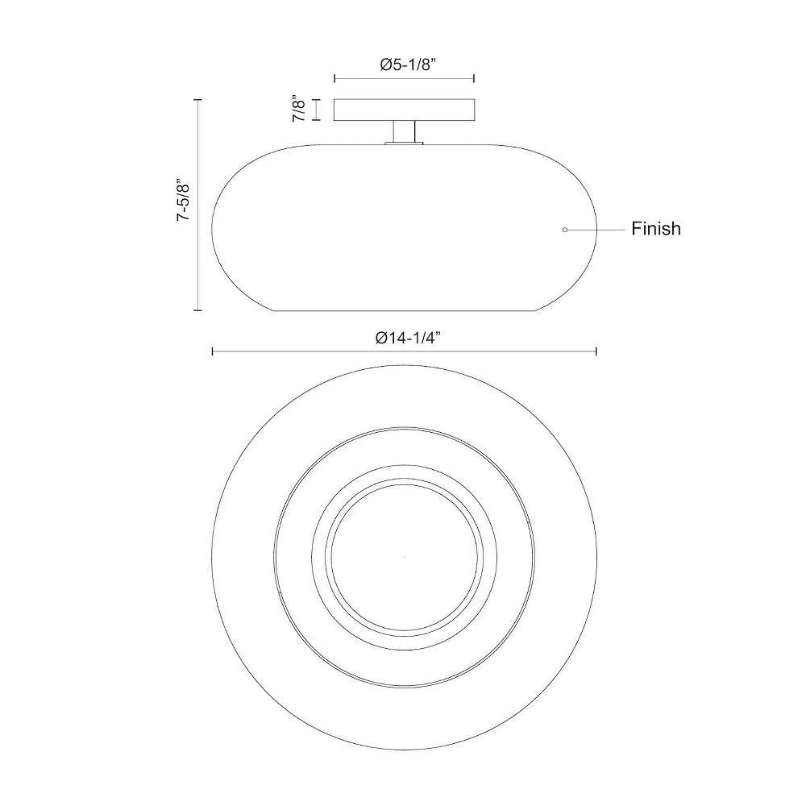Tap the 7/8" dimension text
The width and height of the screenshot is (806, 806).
coord(299,109)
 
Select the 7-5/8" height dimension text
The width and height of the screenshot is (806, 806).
coord(184,201)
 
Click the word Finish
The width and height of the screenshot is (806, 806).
coord(656,229)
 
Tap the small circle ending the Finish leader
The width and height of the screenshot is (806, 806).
coord(565,230)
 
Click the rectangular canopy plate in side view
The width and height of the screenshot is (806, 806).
coord(404,110)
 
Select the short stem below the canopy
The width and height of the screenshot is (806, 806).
coord(404,131)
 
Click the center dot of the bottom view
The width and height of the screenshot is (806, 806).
coord(404,558)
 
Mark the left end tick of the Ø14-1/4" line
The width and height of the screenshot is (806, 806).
coord(213,351)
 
